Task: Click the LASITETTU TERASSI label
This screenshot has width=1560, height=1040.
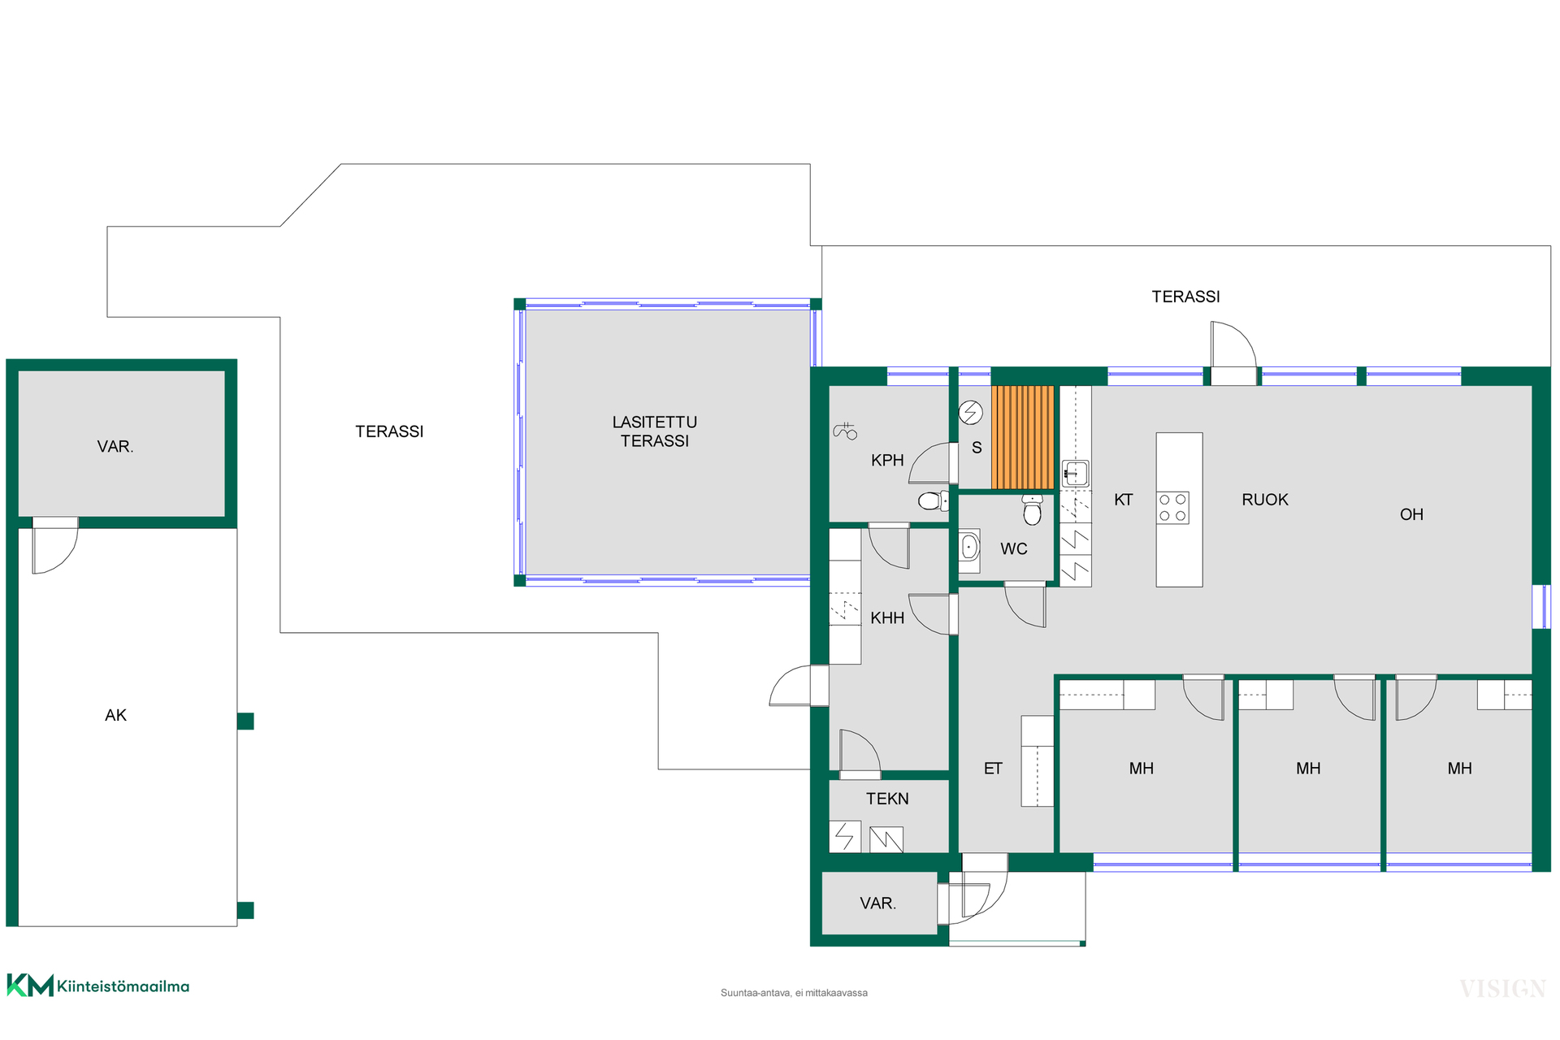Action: click(655, 431)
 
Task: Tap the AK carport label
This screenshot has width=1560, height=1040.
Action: click(115, 715)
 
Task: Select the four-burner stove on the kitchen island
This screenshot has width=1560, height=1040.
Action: click(1173, 508)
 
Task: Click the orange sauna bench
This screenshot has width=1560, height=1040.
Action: click(1023, 437)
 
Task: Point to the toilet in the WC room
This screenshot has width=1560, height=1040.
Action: click(1033, 509)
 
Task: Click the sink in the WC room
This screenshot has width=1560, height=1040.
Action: click(969, 547)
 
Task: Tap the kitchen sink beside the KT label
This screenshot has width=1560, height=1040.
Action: click(1076, 473)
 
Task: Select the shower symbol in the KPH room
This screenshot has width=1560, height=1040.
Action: click(845, 431)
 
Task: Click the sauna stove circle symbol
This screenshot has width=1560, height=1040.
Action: click(971, 413)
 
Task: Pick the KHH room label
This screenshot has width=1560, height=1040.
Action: click(887, 618)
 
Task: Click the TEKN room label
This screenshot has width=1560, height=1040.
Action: click(887, 799)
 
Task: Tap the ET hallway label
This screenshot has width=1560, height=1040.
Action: click(993, 769)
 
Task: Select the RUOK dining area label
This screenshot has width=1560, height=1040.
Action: click(1265, 500)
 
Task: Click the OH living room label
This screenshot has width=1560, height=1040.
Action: click(1411, 514)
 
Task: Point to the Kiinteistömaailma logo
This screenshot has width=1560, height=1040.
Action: click(98, 986)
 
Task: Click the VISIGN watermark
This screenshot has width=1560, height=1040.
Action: click(1502, 989)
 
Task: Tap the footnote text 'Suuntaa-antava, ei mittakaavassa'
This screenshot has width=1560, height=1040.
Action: click(794, 993)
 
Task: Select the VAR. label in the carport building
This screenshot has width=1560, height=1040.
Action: click(115, 447)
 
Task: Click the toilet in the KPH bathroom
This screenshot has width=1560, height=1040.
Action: click(933, 500)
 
